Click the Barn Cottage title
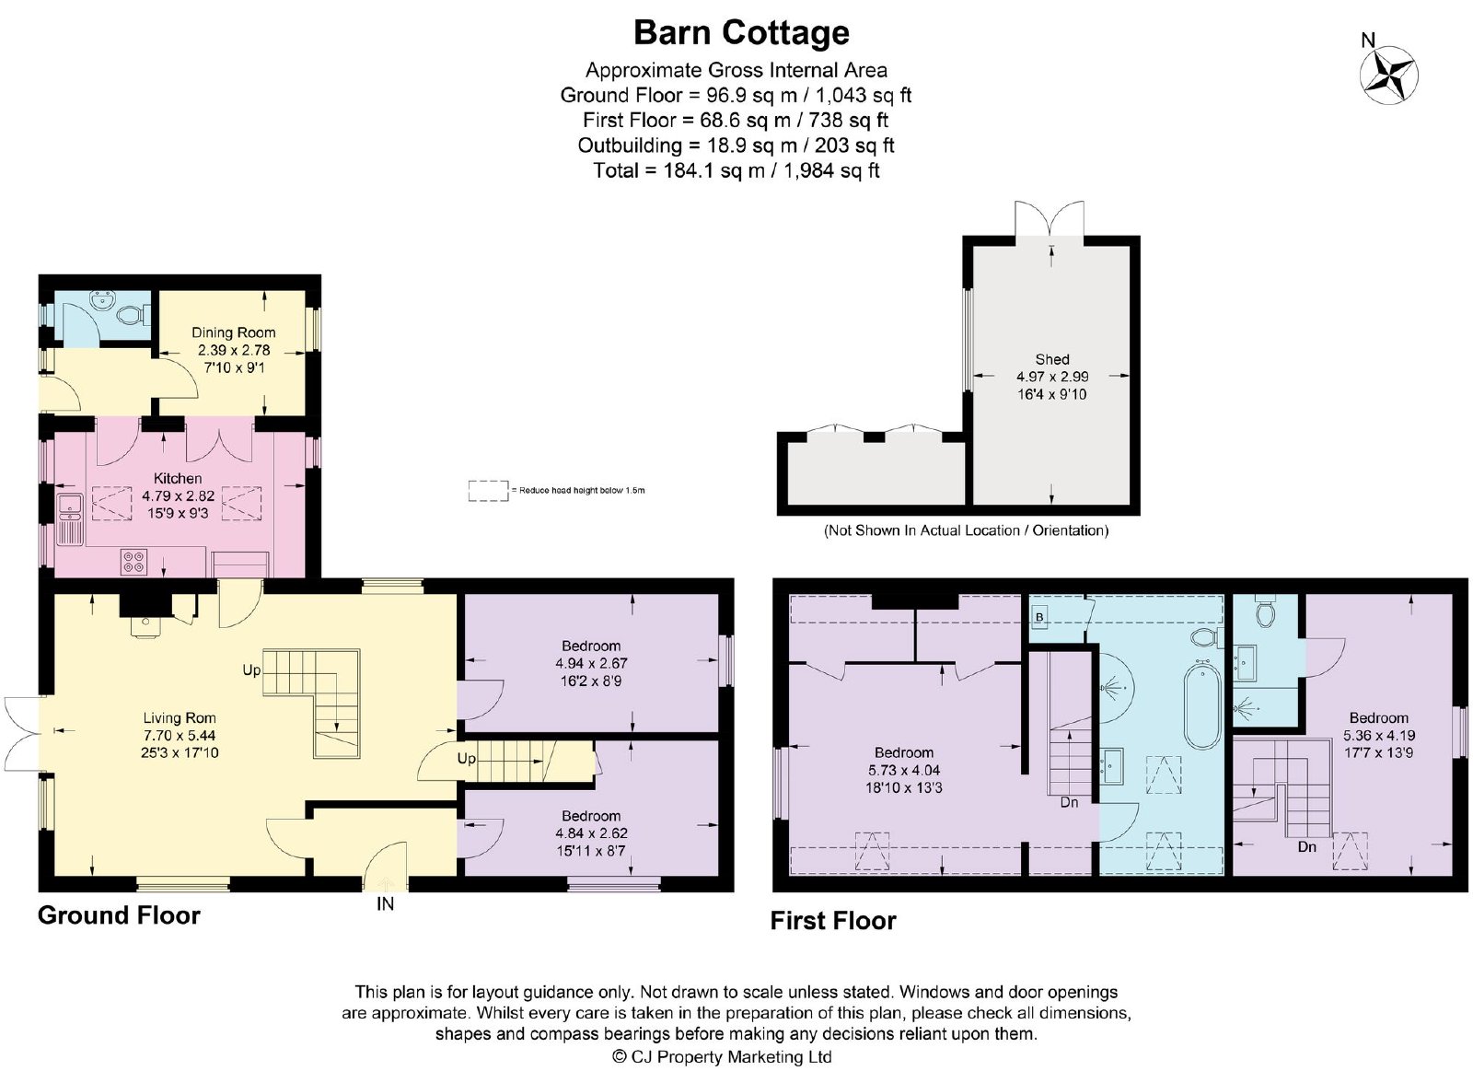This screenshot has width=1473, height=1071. coord(741,33)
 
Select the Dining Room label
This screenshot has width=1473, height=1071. coord(234,332)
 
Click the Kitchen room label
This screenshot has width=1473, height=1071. coord(178,478)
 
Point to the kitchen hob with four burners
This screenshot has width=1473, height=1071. coord(134,561)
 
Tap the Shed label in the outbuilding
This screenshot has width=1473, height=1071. coord(1052,359)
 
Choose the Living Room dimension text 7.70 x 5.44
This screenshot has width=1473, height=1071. coord(180,736)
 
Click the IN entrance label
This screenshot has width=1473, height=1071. coord(386,904)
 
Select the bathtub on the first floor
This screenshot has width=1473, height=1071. coord(1201,706)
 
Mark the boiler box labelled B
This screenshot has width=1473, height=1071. coord(1039,617)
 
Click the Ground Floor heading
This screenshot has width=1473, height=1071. coord(119,915)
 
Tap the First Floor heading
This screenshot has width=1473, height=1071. coord(833,920)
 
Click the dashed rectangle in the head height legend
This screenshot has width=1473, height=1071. coord(489,491)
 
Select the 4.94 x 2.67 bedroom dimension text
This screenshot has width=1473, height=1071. coord(591,663)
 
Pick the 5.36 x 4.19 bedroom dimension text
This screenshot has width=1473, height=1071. coord(1379,736)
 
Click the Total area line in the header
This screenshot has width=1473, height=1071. coord(736,170)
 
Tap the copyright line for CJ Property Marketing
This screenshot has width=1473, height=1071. coord(722,1056)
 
